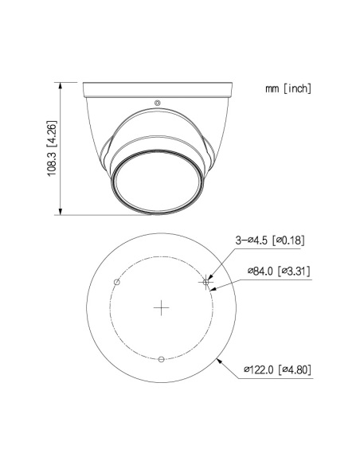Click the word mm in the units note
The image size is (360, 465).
(x=273, y=88)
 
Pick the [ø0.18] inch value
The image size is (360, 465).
(x=290, y=240)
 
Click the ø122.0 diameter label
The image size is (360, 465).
(x=258, y=369)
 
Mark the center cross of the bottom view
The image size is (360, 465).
(x=162, y=307)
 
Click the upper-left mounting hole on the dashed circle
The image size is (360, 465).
(x=117, y=282)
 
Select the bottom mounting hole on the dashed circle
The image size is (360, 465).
(x=162, y=359)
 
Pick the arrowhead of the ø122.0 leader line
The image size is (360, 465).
(x=217, y=361)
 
